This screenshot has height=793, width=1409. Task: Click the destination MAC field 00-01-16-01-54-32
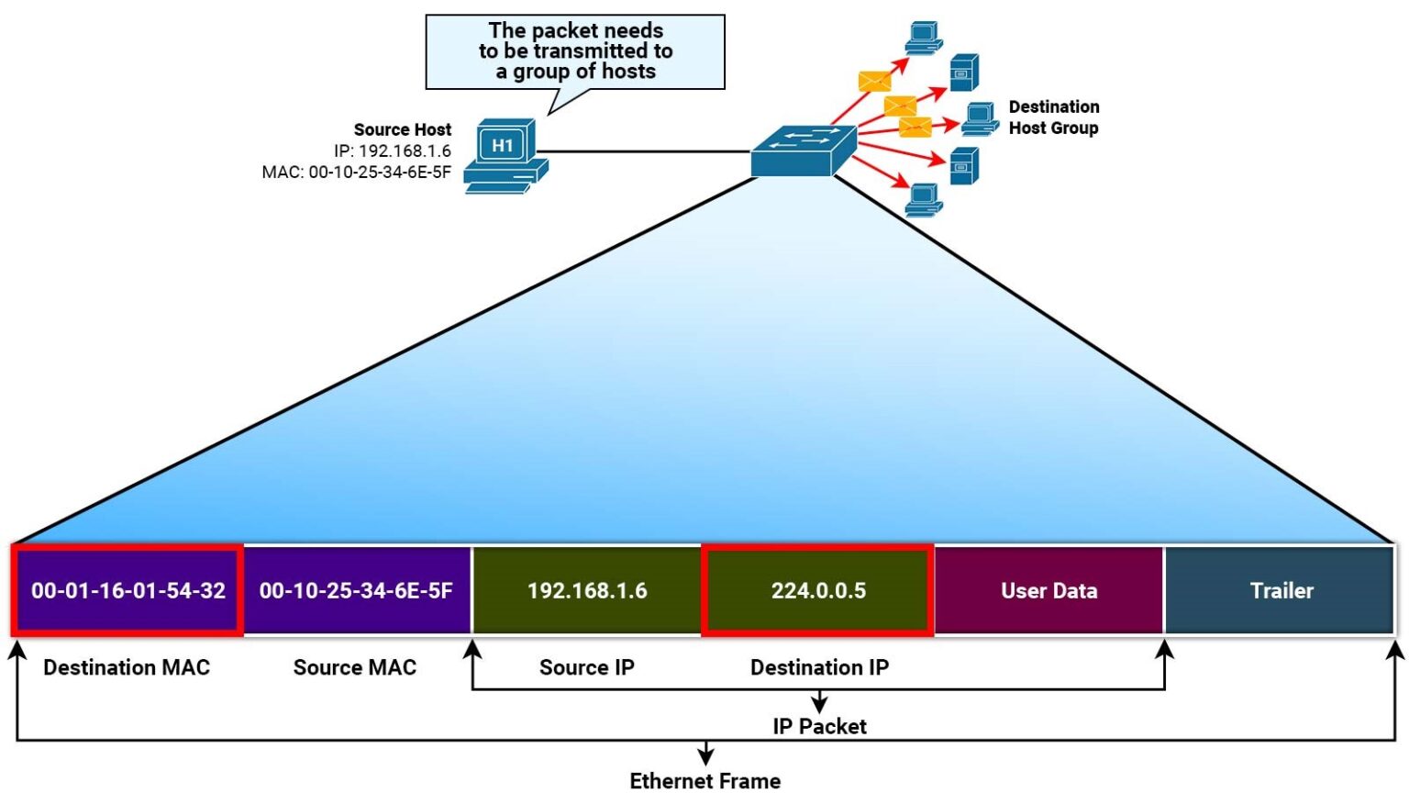(x=128, y=590)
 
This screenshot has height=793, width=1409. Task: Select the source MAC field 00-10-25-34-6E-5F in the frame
(x=356, y=590)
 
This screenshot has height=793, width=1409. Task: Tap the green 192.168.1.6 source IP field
(x=587, y=590)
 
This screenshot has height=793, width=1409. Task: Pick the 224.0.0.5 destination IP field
(x=818, y=590)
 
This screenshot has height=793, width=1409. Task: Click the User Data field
(x=1048, y=590)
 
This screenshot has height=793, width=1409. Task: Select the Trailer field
(x=1281, y=590)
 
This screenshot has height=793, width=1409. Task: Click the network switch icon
(x=804, y=151)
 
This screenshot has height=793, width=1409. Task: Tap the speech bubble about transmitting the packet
(x=575, y=51)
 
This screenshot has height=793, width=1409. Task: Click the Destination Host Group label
(x=1053, y=117)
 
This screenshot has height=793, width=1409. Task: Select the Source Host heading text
(x=402, y=129)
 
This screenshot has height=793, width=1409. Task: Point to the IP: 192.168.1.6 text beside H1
(x=392, y=151)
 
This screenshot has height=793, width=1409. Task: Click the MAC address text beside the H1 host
(x=356, y=172)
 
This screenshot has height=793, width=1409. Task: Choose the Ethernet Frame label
(x=704, y=780)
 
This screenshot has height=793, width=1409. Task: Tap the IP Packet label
(x=819, y=726)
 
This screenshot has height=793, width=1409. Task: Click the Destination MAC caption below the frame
(x=127, y=667)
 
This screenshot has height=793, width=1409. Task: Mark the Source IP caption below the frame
(x=586, y=667)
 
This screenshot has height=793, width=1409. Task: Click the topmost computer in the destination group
(x=923, y=38)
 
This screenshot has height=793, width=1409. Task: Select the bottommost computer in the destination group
(x=923, y=199)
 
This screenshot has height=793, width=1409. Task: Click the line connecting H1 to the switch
(x=642, y=151)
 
